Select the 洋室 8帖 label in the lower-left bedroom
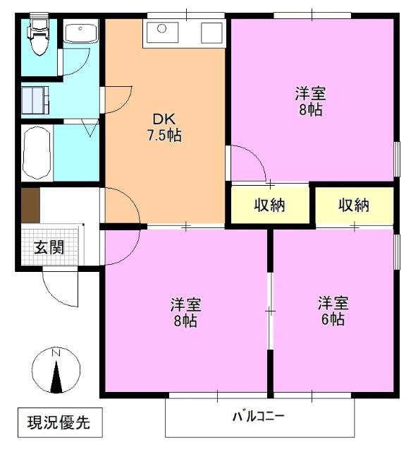point(186,312)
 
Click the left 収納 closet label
point(269,206)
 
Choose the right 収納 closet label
point(353,206)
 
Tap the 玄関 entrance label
point(49,247)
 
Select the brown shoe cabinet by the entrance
point(30,206)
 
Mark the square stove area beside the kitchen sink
point(211,32)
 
